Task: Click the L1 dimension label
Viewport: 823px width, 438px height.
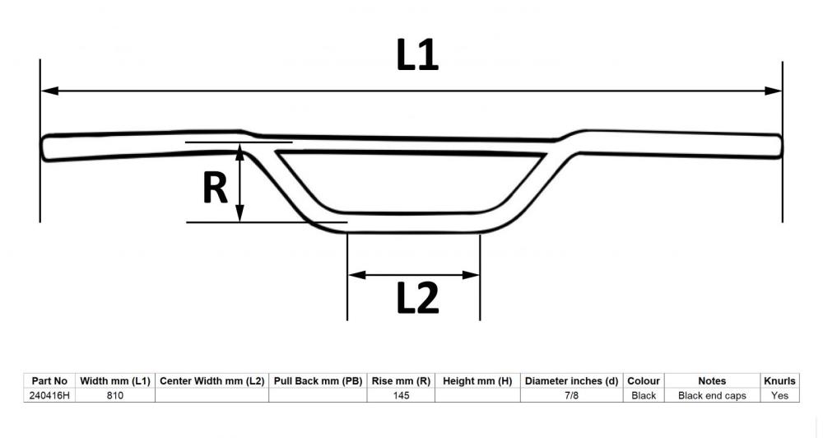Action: pyautogui.click(x=417, y=55)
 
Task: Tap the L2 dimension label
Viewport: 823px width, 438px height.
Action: pyautogui.click(x=417, y=298)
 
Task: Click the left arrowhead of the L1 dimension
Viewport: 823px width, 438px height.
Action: pyautogui.click(x=50, y=91)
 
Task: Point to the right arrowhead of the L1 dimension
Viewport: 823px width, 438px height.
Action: pyautogui.click(x=773, y=91)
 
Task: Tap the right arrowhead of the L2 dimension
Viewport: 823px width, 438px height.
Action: pyautogui.click(x=471, y=275)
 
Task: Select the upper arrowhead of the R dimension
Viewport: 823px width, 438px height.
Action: pyautogui.click(x=239, y=152)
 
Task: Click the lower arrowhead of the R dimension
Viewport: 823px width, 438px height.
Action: pyautogui.click(x=239, y=212)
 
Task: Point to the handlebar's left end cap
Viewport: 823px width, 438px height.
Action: pyautogui.click(x=45, y=148)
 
